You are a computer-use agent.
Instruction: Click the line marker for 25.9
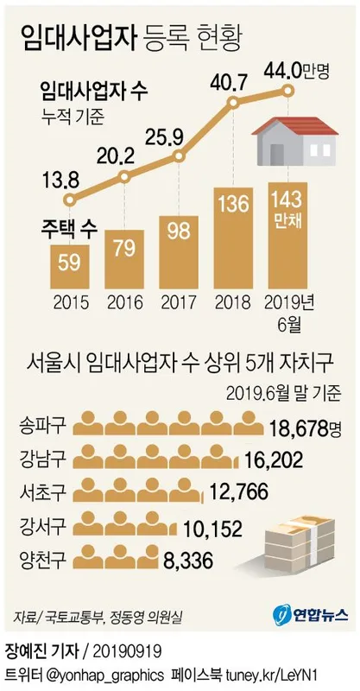[180, 157]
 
